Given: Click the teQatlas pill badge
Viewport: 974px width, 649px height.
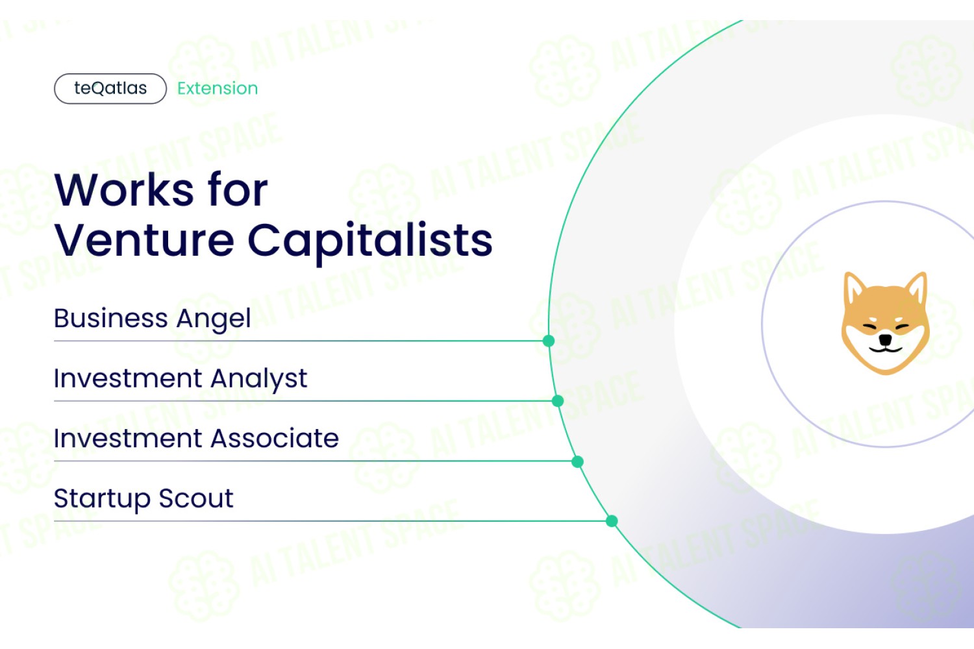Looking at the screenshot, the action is pos(110,89).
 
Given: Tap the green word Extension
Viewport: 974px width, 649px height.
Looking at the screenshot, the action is pos(218,88).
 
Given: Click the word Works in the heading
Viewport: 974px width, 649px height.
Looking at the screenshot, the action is pos(124,190).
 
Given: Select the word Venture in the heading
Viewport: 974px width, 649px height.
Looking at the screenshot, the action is pos(144,240).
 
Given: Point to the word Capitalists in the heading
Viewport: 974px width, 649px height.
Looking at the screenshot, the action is pos(370,243).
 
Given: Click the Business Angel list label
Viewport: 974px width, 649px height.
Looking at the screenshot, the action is pos(152,319).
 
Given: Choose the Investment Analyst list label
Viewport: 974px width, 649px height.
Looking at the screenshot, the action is pos(181,378).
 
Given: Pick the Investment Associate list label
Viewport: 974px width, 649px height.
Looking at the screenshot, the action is pos(196,438).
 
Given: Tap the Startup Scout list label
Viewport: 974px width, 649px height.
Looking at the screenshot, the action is pos(144,498).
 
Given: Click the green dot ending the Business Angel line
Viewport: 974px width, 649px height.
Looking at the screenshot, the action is pos(549,341).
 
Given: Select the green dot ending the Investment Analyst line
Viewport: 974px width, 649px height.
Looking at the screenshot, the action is pos(558,401).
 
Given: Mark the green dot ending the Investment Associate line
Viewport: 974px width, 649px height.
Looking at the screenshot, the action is pos(577,461).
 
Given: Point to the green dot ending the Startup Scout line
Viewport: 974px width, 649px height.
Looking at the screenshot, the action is pos(612,520).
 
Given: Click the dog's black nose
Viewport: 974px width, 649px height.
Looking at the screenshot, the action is pos(885,339).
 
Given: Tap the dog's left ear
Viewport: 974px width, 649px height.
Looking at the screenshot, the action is pos(853,289).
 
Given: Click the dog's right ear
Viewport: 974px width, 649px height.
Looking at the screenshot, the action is pos(917,289).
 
